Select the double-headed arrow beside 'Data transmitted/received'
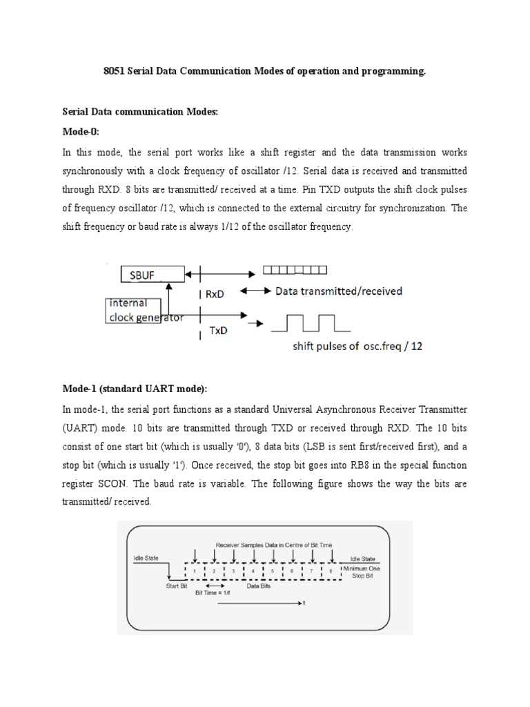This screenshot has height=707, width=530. [x=257, y=291]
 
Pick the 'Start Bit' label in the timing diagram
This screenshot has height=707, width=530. [x=177, y=586]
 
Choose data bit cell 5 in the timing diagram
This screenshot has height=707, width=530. [x=273, y=570]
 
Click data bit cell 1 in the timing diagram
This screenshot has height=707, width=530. [x=195, y=570]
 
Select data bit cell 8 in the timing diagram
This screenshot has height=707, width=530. [x=332, y=570]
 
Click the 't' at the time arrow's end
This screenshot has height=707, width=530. [x=304, y=603]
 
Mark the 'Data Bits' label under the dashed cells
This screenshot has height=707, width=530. [x=259, y=586]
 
